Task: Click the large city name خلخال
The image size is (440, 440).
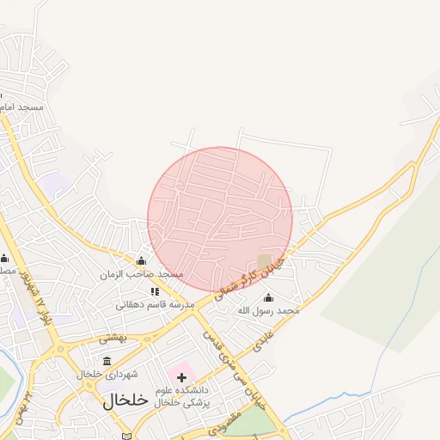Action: click(126, 400)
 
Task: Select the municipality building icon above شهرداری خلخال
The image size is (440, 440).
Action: click(107, 361)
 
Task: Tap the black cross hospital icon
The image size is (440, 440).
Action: click(181, 377)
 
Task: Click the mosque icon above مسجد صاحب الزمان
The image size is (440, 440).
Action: click(141, 260)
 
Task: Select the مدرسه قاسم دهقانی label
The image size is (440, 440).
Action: click(156, 304)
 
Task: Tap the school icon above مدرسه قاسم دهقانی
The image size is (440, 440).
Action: click(155, 291)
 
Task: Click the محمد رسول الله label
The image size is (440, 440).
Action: click(268, 309)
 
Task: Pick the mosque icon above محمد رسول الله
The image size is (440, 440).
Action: click(268, 296)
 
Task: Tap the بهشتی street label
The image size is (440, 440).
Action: click(112, 338)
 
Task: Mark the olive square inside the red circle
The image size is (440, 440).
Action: click(265, 260)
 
